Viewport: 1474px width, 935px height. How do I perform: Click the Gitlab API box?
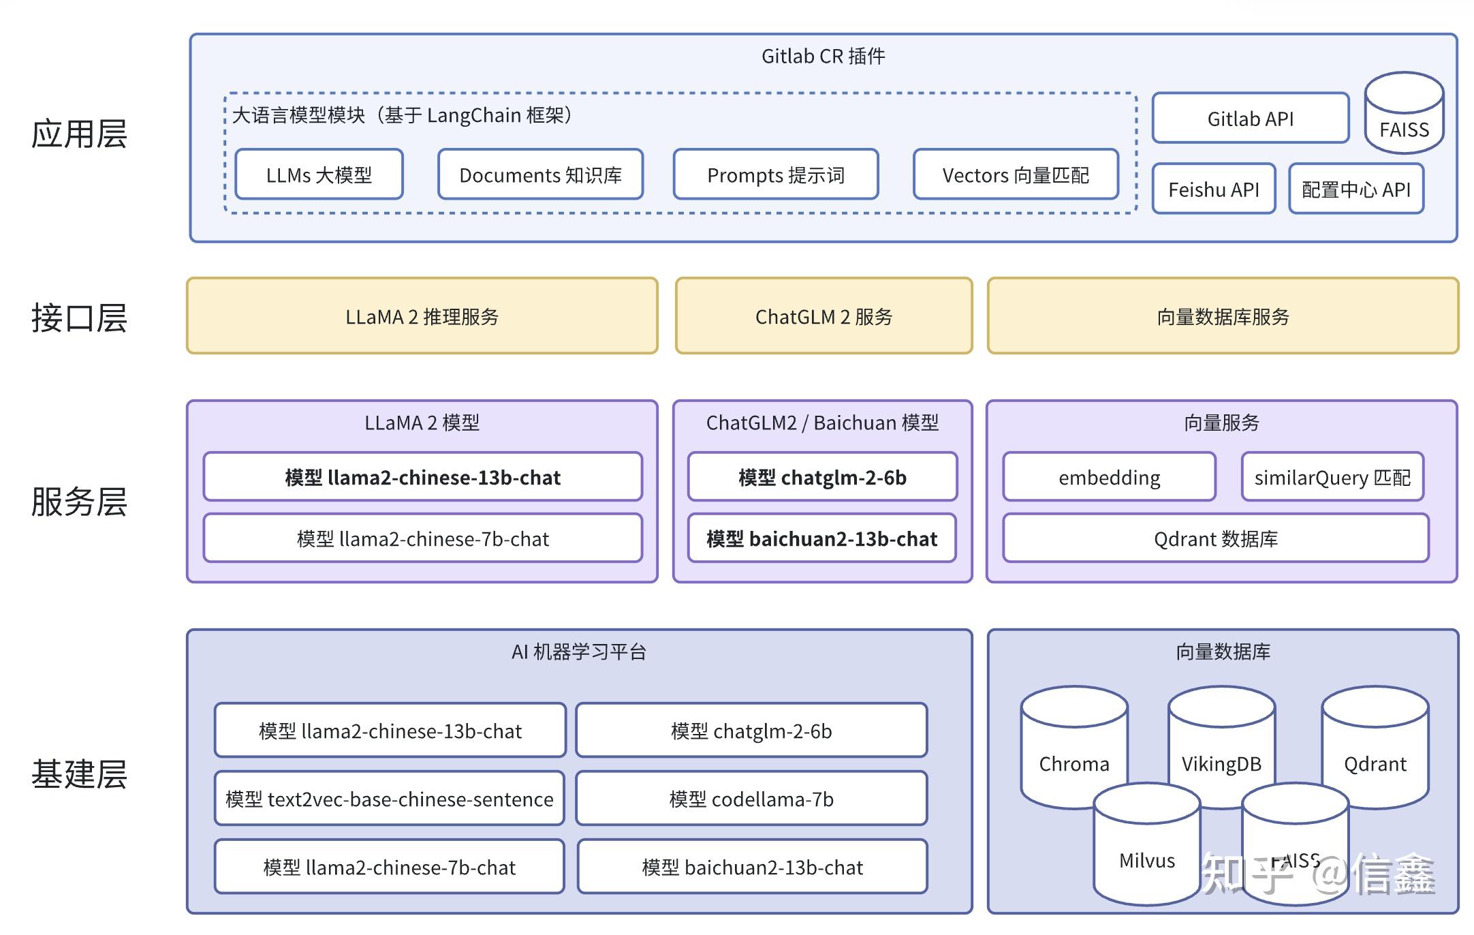coord(1250,119)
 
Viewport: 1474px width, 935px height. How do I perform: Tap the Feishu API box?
coord(1213,189)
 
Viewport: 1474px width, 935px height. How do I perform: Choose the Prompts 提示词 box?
coord(775,175)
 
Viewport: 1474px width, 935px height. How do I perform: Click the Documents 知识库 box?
coord(540,175)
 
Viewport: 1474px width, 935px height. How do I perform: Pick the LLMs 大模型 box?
coord(319,175)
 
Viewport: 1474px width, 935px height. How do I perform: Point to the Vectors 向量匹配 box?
coord(1015,175)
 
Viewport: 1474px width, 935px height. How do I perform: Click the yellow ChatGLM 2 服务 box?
coord(824,316)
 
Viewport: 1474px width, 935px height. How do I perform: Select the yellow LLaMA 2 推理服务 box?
coord(422,316)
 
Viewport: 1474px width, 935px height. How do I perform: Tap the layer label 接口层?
coord(79,318)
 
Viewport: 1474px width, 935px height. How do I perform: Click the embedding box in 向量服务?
coord(1109,477)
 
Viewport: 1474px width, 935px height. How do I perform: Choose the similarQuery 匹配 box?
coord(1332,477)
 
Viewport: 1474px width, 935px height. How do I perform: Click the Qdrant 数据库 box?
coord(1215,538)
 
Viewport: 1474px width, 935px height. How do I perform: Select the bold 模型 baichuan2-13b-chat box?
coord(821,538)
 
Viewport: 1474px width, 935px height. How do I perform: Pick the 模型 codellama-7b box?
coord(751,799)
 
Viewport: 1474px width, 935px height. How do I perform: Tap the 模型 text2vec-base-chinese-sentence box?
coord(389,799)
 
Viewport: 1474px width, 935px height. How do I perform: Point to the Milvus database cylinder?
coord(1146,852)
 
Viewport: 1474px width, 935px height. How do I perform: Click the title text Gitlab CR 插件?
coord(823,56)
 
